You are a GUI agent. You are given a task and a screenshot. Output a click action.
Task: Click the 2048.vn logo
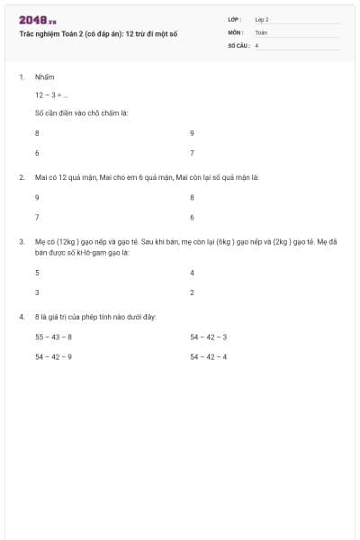(38, 20)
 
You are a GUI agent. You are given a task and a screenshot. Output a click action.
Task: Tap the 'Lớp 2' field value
(262, 19)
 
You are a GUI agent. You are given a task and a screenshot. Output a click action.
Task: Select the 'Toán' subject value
(261, 32)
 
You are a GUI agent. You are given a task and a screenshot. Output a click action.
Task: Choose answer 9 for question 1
(192, 132)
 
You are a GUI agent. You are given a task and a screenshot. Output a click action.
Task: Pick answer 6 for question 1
(37, 153)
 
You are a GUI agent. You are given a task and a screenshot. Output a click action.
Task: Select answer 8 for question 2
(192, 196)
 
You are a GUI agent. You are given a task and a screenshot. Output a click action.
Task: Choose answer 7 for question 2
(37, 217)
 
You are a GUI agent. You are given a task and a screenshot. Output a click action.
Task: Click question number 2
(22, 177)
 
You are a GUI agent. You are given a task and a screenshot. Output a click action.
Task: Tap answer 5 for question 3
(37, 272)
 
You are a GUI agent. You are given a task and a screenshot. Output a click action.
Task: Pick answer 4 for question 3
(192, 272)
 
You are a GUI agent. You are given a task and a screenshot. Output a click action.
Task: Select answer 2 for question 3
(192, 292)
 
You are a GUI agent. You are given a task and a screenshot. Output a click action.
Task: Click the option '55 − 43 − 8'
(53, 337)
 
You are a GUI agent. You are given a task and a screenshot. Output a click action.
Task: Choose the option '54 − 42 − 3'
(208, 337)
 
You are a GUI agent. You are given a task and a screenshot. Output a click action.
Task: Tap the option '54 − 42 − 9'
(53, 357)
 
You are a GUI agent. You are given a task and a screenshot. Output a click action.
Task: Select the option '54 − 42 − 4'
(208, 357)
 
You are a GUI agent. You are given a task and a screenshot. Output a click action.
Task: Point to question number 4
(22, 317)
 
